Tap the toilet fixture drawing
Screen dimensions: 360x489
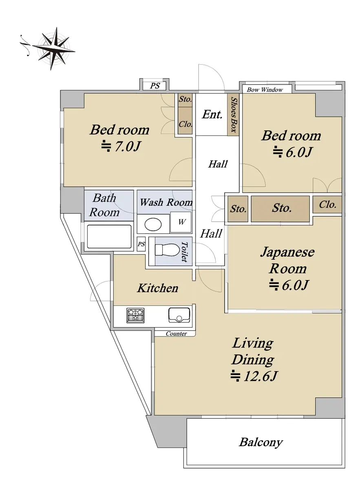[166, 250]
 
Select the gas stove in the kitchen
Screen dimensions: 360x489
[135, 315]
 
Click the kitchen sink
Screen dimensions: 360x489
[179, 315]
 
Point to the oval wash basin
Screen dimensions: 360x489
[153, 224]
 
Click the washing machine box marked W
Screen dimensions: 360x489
[181, 222]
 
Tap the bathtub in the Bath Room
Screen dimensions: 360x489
[109, 236]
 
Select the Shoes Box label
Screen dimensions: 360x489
[234, 115]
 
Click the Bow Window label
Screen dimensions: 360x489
[265, 90]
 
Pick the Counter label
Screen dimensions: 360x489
[176, 334]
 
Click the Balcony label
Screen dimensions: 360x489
[261, 443]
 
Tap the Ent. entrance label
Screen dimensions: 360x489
[212, 115]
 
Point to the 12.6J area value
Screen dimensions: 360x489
[254, 376]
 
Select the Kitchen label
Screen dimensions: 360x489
[157, 288]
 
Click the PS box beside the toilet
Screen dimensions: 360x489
[141, 244]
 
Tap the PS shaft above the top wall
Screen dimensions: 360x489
[155, 86]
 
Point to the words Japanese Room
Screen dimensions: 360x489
[287, 260]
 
